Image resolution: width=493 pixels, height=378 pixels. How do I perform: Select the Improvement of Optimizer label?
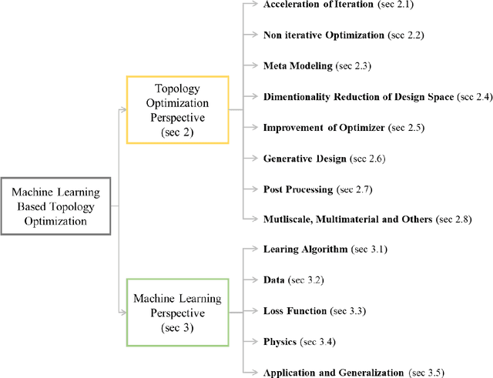tap(321, 127)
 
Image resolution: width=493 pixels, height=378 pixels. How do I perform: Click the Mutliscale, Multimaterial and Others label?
tap(347, 219)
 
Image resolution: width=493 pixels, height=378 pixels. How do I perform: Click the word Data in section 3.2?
tap(275, 280)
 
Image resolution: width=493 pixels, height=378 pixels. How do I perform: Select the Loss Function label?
tap(296, 311)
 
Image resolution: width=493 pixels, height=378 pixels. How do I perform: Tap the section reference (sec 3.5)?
tap(425, 372)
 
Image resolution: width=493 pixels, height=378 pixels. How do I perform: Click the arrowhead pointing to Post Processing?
tap(255, 189)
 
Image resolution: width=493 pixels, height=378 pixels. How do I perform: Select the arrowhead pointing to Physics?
tap(255, 341)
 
